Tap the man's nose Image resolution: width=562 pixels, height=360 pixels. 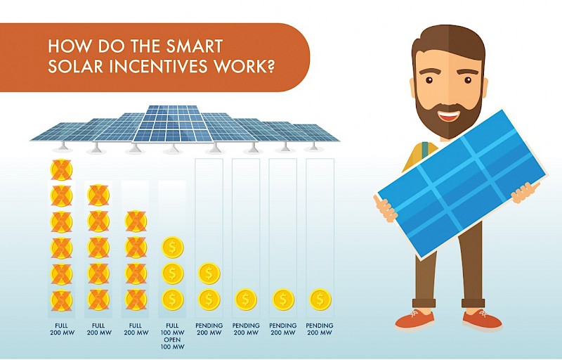pyautogui.click(x=448, y=97)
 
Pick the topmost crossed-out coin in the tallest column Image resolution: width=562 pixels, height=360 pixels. pyautogui.click(x=62, y=170)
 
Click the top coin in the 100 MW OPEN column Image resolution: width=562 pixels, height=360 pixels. pyautogui.click(x=173, y=247)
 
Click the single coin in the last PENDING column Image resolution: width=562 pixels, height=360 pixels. pyautogui.click(x=320, y=300)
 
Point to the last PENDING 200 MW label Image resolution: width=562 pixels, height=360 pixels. pyautogui.click(x=320, y=330)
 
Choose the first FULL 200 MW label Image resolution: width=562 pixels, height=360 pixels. pyautogui.click(x=62, y=330)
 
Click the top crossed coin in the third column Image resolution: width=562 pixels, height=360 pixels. pyautogui.click(x=136, y=221)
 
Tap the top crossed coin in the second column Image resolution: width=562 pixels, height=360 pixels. pyautogui.click(x=98, y=195)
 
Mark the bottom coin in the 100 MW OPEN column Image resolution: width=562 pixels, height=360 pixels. pyautogui.click(x=173, y=300)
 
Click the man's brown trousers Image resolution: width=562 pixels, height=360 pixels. pyautogui.click(x=460, y=267)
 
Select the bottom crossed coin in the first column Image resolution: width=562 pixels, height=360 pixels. pyautogui.click(x=62, y=300)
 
